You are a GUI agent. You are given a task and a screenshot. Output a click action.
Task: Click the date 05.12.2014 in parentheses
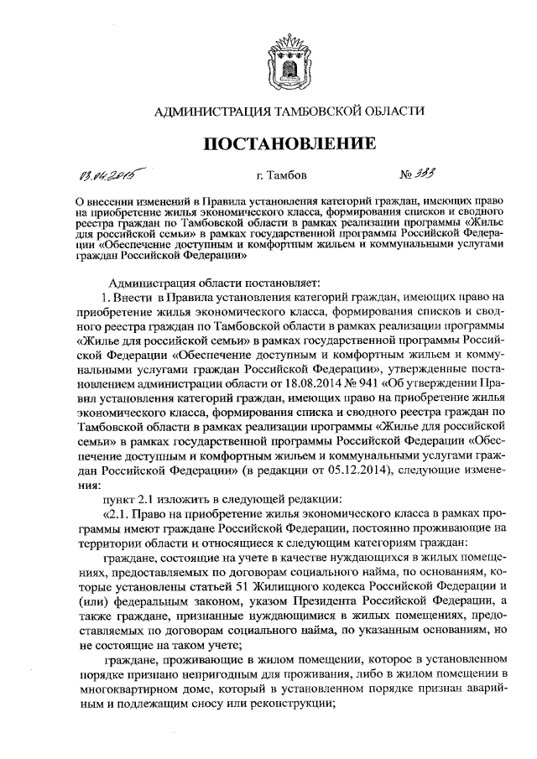coord(288,470)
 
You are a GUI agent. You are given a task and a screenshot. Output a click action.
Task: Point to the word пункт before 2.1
coord(119,500)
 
